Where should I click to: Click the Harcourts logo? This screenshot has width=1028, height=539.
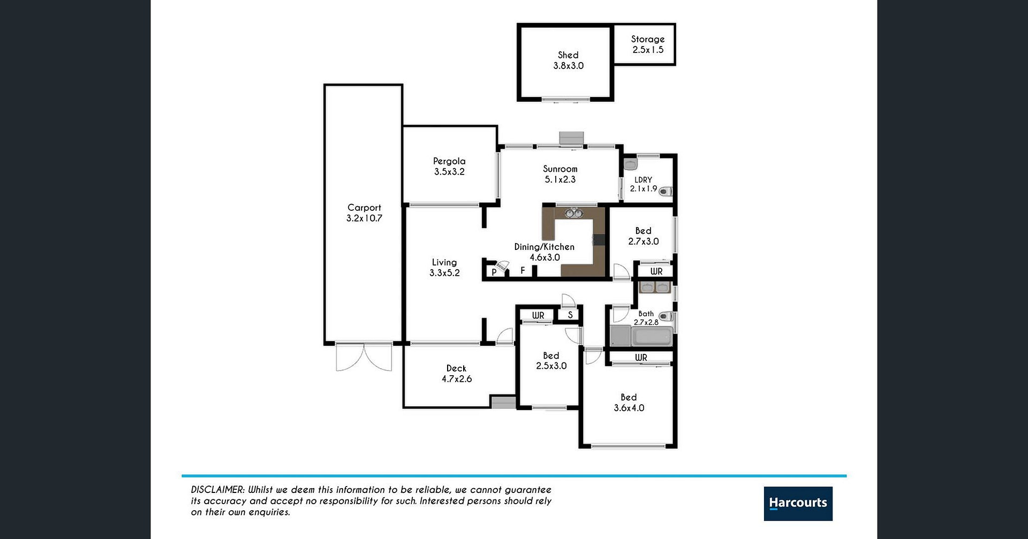coord(798,503)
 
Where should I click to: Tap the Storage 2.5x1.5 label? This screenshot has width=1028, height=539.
coord(648,44)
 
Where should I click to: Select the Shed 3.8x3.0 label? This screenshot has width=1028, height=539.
coord(569,60)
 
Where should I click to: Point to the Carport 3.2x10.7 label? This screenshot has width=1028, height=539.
coord(364,213)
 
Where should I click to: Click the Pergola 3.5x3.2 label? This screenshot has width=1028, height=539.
coord(449,166)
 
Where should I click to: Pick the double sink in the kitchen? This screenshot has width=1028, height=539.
coord(574,213)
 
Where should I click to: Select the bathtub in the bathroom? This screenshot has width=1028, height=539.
coord(652,337)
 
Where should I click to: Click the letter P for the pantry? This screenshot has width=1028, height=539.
coord(494,272)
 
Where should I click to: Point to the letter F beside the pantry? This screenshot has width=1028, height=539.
coord(523,271)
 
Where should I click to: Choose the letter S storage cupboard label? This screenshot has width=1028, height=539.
coord(570,315)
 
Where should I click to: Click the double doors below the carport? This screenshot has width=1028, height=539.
coord(364,357)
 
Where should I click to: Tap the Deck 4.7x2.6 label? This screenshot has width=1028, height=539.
coord(457,374)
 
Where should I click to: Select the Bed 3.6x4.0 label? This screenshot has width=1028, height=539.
coord(629,403)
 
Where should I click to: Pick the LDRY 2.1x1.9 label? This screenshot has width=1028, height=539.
coord(644,184)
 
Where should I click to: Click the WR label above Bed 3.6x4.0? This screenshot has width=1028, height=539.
coord(641,358)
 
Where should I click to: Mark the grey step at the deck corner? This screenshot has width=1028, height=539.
coord(503,403)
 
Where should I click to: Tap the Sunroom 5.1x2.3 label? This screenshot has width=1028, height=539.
coord(560,174)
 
